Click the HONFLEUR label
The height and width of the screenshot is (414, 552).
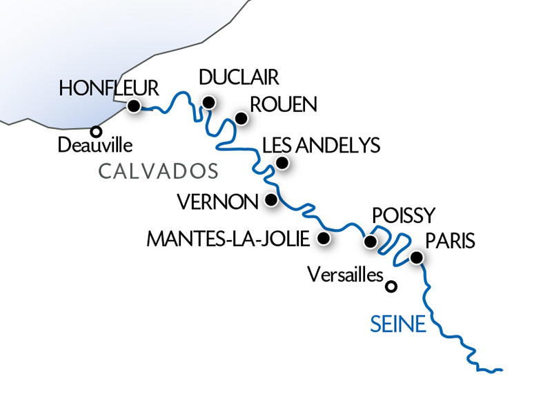coord(109,88)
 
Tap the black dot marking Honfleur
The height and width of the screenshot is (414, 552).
coord(133,106)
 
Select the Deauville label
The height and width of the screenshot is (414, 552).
coord(95,146)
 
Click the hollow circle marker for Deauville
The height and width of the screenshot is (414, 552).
coord(97,130)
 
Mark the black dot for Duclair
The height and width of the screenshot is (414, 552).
coord(208,103)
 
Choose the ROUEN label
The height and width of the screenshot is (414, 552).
coord(283,105)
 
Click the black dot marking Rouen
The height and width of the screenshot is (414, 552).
coord(241,119)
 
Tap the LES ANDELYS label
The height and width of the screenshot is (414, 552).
coord(322,146)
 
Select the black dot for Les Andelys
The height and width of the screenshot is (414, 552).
coord(282,163)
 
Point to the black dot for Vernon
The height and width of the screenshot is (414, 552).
coord(271,200)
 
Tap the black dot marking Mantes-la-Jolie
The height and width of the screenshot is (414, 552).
coord(322,239)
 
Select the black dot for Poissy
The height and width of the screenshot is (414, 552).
coord(371,242)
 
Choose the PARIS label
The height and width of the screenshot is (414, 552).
coord(451,241)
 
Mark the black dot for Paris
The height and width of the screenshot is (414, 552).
coord(417,258)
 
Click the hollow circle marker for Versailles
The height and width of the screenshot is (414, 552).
coord(392,286)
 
